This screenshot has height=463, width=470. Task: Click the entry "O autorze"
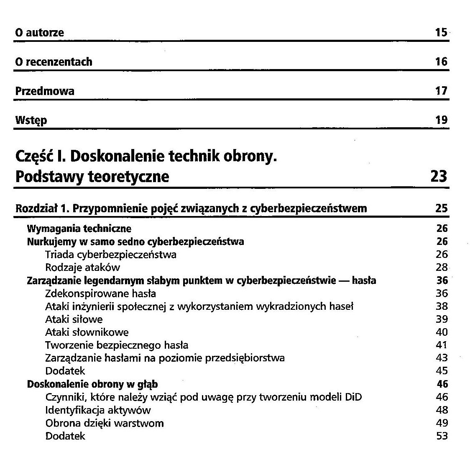(40, 33)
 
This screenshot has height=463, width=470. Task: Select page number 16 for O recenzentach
(441, 62)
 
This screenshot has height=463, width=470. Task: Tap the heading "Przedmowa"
(45, 91)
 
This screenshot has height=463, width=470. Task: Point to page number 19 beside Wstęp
(441, 121)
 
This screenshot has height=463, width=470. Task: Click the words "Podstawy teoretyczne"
(92, 177)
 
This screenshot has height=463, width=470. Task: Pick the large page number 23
(439, 177)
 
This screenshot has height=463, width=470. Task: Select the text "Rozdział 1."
(42, 208)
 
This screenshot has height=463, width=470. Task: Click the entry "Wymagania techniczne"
(79, 229)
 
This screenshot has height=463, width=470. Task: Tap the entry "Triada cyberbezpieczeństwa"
(111, 255)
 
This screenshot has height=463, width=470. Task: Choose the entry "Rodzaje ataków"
(83, 268)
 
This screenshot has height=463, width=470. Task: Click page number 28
(442, 268)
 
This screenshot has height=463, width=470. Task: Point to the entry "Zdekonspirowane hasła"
(100, 293)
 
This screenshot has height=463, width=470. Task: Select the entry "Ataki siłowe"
(74, 319)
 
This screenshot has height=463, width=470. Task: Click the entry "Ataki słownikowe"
(87, 332)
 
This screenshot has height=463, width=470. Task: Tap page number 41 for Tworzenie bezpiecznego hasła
(442, 345)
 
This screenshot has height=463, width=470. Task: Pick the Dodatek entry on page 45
(65, 371)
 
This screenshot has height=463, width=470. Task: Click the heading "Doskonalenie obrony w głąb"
(92, 384)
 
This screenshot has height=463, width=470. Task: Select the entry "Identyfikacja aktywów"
(98, 410)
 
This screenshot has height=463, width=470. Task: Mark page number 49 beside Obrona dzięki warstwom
(442, 423)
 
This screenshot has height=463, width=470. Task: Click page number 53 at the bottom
(442, 436)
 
